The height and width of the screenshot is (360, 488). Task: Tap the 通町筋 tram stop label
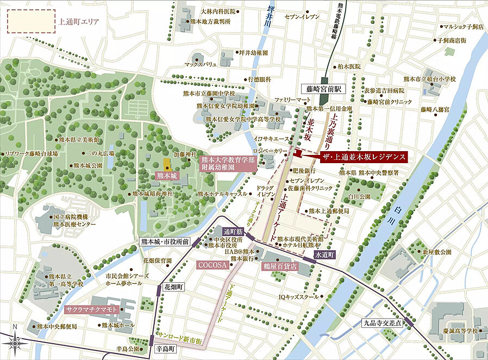tap(234, 230)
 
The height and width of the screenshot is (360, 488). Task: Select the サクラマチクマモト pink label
tap(92, 309)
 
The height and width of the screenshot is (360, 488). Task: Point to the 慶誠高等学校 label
tap(460, 330)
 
